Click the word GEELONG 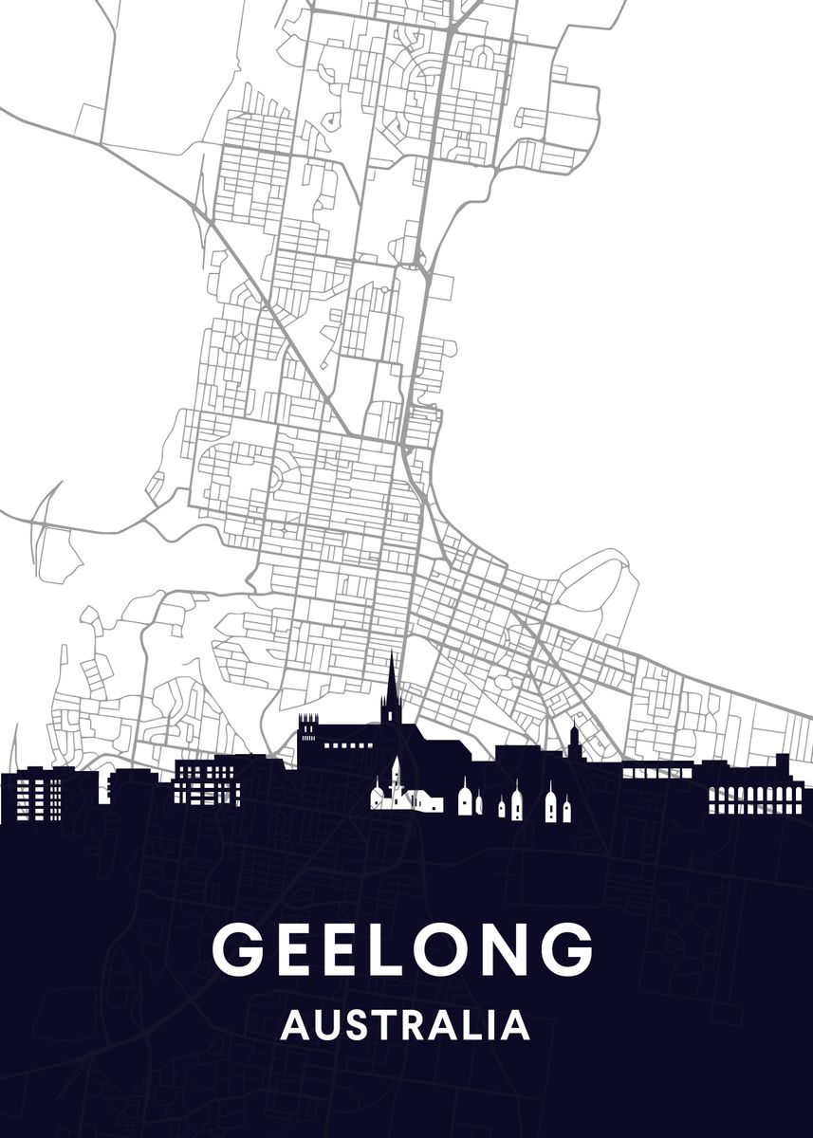tap(402, 948)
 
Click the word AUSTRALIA tap(405, 1025)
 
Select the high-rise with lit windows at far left tap(38, 797)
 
